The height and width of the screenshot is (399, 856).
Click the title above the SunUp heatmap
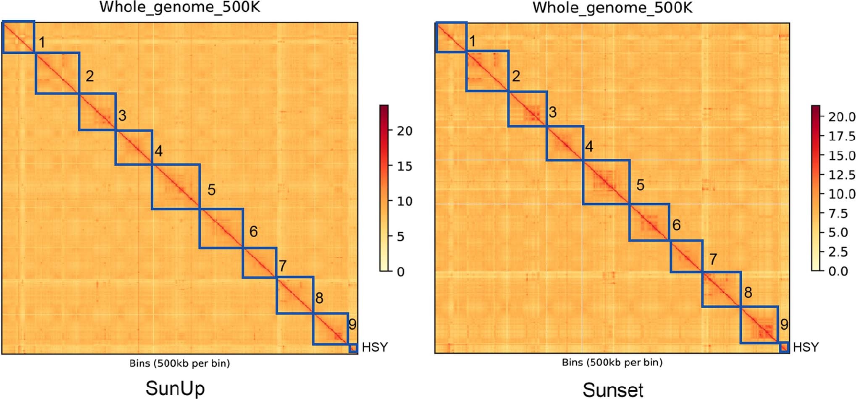click(x=179, y=7)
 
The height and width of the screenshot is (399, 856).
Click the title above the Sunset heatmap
click(x=612, y=7)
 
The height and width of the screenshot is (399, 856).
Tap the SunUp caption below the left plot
click(x=175, y=388)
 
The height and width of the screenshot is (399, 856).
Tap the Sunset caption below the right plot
click(x=613, y=389)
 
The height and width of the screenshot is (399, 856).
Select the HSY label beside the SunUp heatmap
click(x=375, y=347)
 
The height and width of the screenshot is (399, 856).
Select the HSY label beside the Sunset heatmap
click(x=806, y=347)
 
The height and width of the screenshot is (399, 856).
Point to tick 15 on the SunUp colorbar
click(x=404, y=166)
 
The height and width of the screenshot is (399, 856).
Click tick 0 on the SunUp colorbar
click(x=401, y=272)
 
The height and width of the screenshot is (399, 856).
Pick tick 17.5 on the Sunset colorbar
click(x=841, y=136)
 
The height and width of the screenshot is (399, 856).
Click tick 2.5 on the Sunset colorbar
click(x=838, y=252)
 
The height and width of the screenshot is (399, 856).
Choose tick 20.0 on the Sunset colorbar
click(x=841, y=117)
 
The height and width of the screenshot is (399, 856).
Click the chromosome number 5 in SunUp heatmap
click(x=211, y=190)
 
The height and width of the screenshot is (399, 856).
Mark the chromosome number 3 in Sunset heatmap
click(x=553, y=112)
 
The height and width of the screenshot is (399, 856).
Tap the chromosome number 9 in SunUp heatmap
click(x=352, y=324)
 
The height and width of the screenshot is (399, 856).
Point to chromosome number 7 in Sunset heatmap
click(x=713, y=259)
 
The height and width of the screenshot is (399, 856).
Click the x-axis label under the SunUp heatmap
click(x=179, y=363)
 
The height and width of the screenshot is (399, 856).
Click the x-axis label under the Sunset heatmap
click(x=612, y=362)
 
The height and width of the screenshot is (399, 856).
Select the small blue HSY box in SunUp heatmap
click(x=353, y=348)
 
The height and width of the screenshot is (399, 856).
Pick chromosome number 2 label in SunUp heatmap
click(x=89, y=76)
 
